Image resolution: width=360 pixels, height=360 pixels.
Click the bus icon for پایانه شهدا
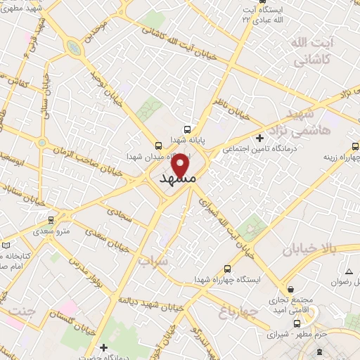point(187,129)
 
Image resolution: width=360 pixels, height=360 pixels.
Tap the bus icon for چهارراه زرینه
point(354,147)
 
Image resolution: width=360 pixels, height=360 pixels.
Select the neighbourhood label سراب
point(155,262)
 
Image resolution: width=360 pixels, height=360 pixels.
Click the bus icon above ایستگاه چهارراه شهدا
point(227,269)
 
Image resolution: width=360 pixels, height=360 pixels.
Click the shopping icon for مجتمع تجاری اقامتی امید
point(290,288)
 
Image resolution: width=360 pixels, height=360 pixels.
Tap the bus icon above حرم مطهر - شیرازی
point(297,323)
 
